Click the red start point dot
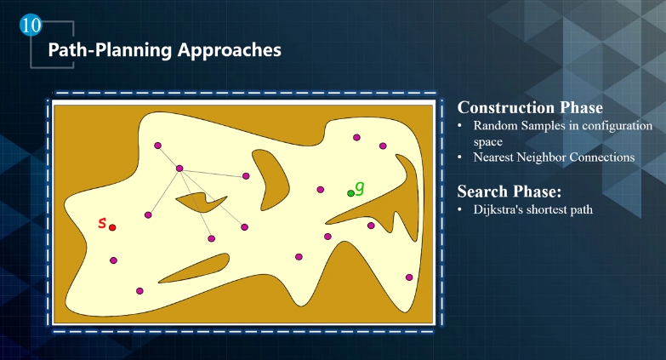112,227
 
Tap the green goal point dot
350,193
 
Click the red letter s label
102,222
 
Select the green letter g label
359,187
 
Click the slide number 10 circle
31,25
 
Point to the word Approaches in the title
230,50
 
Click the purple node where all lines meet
179,169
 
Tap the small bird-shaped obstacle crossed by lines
202,203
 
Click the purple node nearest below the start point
113,260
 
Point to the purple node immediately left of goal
321,190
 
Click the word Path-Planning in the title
110,50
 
